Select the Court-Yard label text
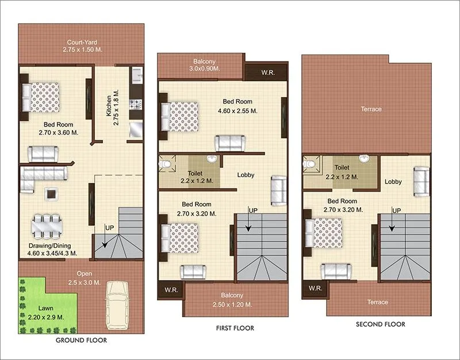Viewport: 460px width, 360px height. click(x=80, y=42)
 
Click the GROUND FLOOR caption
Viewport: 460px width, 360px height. click(x=81, y=340)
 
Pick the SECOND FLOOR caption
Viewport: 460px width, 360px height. click(x=380, y=324)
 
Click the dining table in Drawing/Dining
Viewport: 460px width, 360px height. click(x=46, y=226)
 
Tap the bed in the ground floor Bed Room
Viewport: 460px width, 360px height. click(x=41, y=97)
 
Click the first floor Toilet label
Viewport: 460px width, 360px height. click(x=195, y=173)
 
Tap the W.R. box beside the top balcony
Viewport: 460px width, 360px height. click(x=267, y=72)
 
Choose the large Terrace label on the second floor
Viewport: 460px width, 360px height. click(x=371, y=109)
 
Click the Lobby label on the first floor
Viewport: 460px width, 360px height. click(x=246, y=175)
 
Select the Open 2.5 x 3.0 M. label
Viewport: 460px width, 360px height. click(x=80, y=278)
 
